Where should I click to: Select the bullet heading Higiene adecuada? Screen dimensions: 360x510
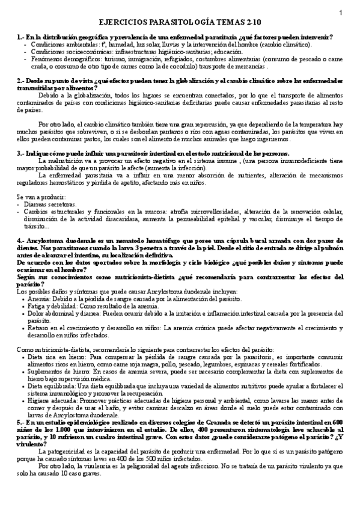pyautogui.click(x=53, y=399)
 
